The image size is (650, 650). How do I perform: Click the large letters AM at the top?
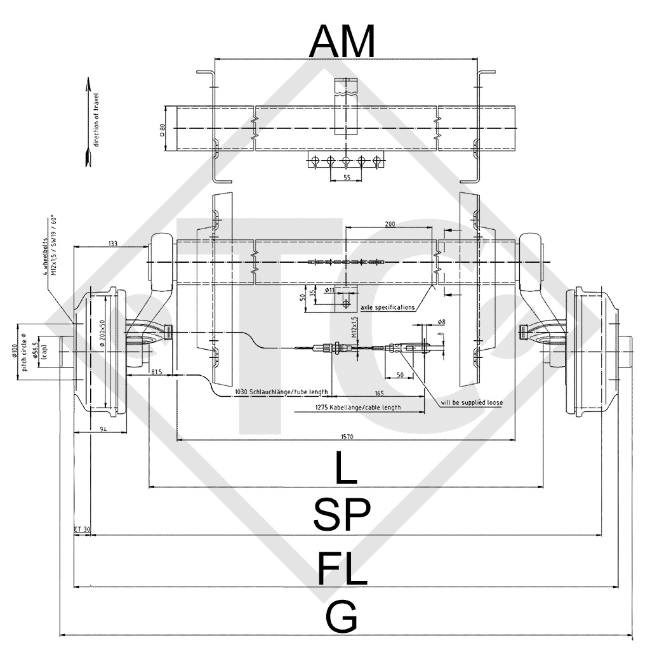(342, 41)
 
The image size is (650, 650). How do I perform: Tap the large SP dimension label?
(342, 515)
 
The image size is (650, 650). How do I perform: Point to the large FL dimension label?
(342, 568)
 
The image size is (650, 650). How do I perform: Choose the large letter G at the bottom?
(342, 618)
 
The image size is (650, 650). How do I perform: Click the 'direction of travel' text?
(97, 119)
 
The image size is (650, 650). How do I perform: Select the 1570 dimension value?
(345, 436)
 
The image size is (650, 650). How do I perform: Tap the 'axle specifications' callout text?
(387, 307)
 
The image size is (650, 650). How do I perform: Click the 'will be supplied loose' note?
(471, 402)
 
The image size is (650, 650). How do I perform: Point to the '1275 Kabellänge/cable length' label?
(358, 408)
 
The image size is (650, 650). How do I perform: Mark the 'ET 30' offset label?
(82, 529)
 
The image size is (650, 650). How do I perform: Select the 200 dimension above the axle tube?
(390, 224)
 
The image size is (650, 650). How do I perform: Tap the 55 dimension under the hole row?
(347, 178)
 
